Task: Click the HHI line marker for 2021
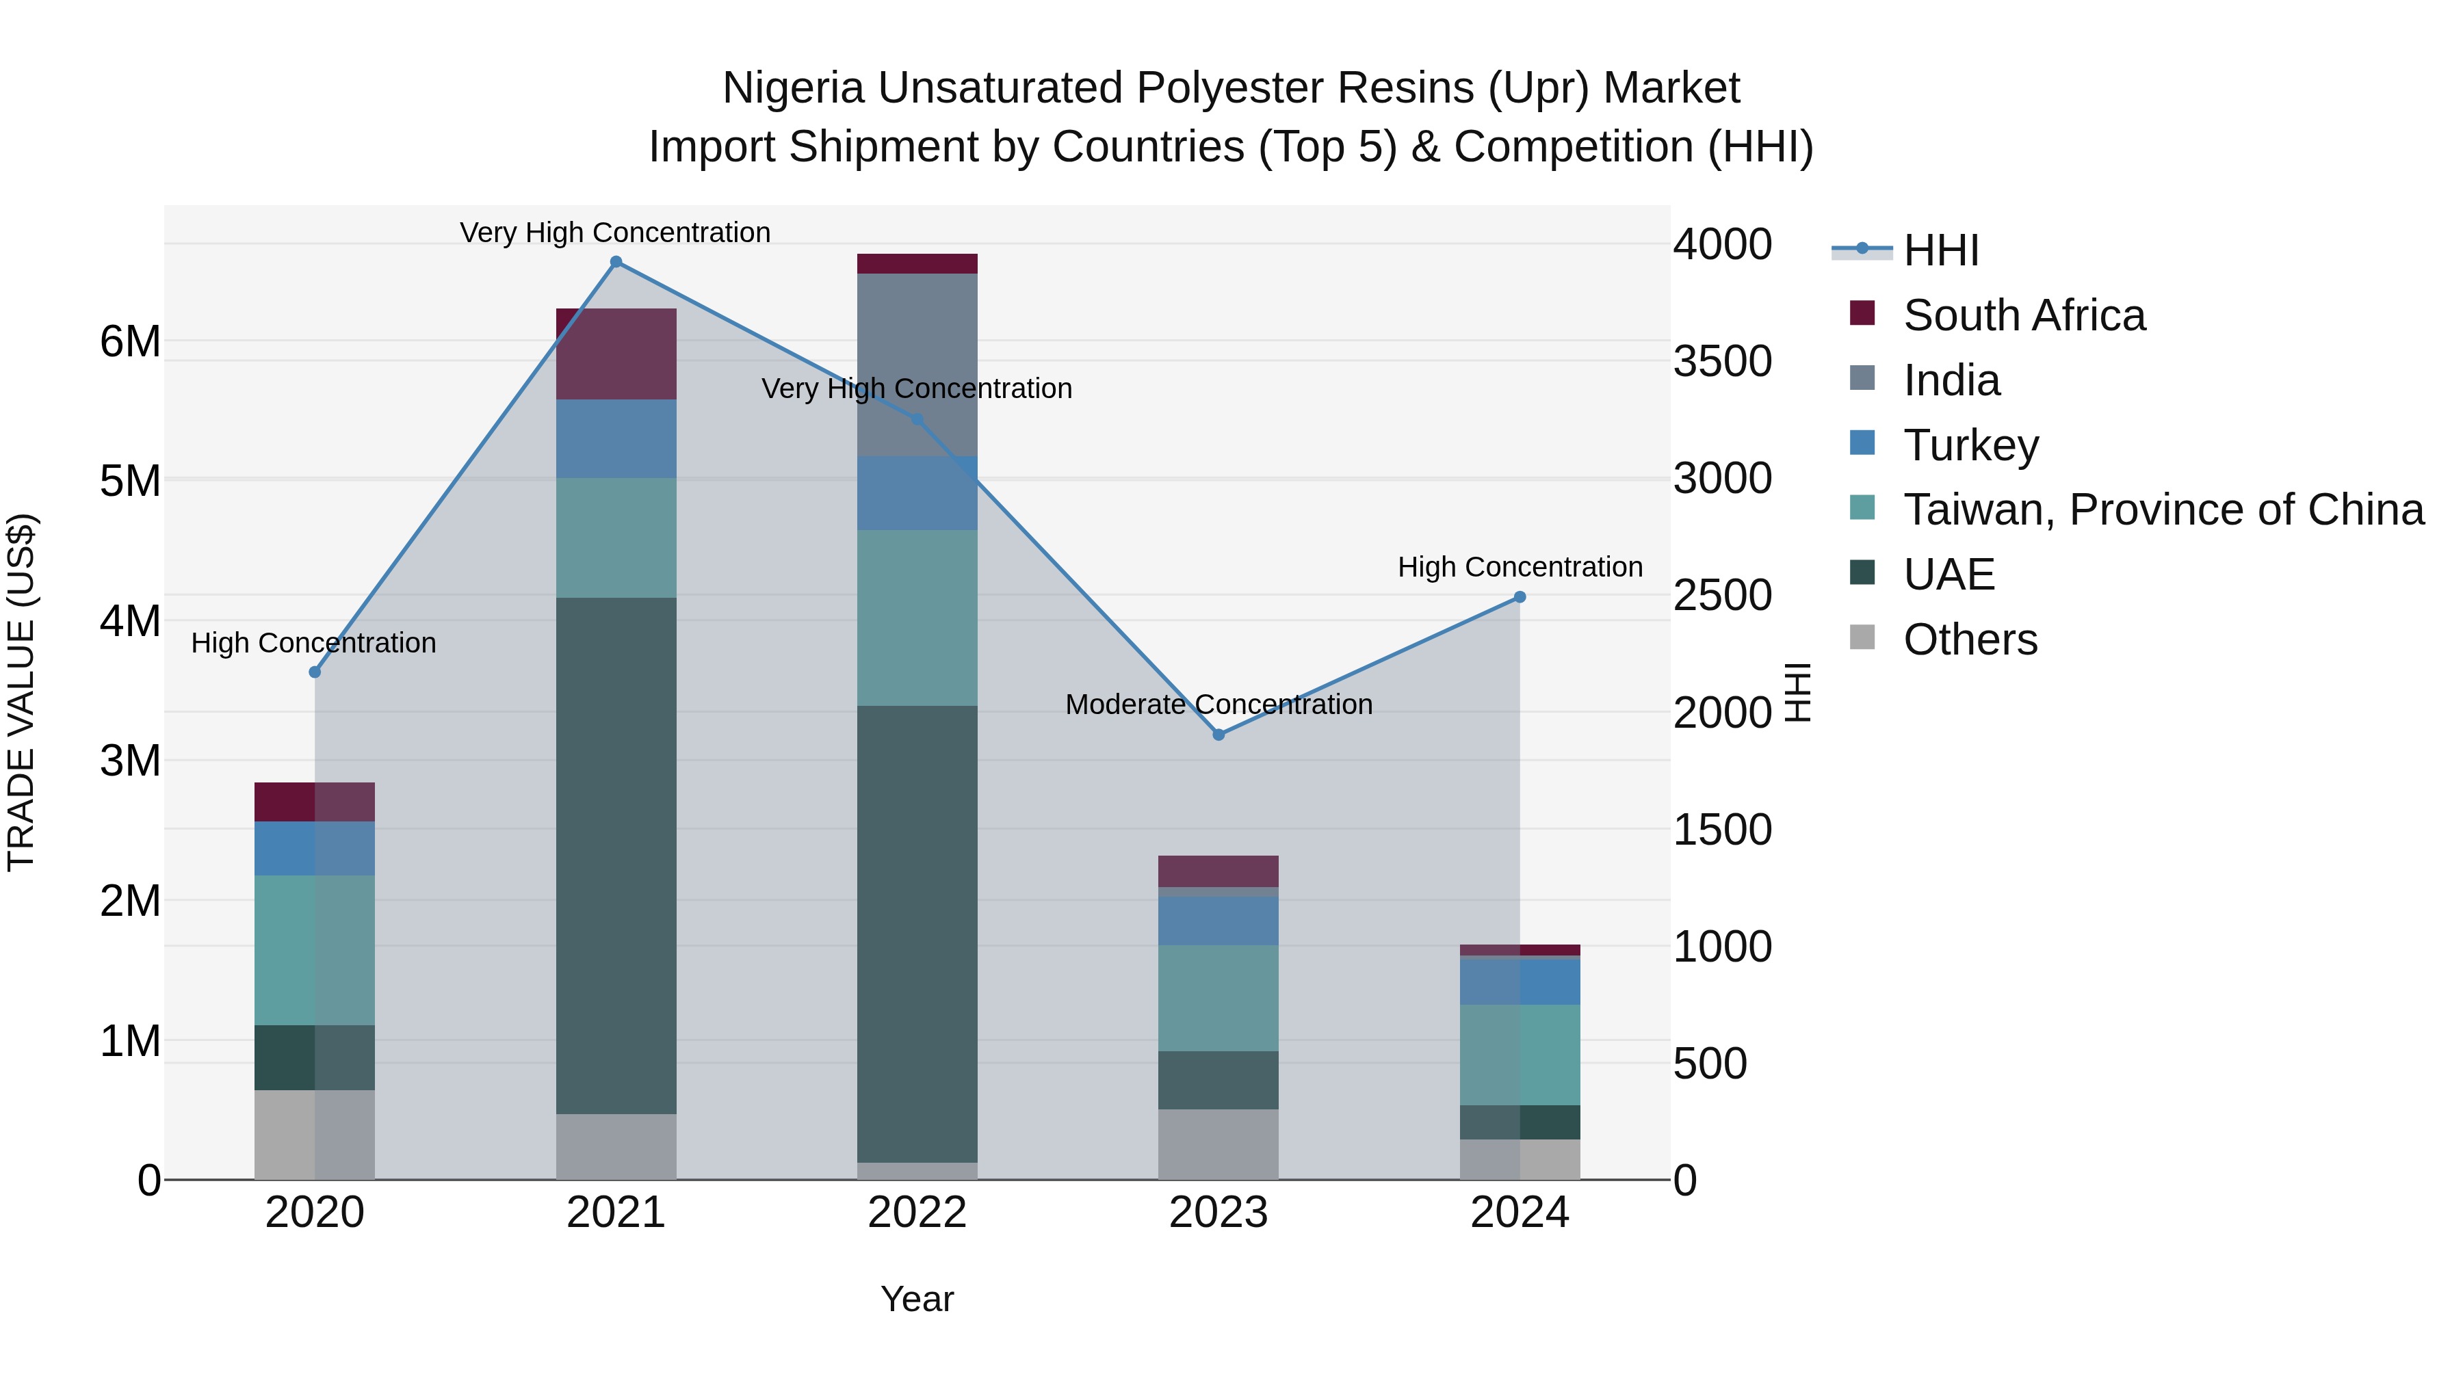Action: (x=616, y=262)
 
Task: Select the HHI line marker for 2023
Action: (x=1218, y=734)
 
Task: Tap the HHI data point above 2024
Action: (x=1520, y=597)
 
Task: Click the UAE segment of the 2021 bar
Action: (x=616, y=856)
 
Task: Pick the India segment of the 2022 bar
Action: (x=917, y=364)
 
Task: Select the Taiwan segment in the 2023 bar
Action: (x=1218, y=998)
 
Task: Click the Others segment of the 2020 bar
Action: (x=315, y=1135)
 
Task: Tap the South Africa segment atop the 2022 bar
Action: (x=917, y=264)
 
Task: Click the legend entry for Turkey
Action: (x=1970, y=445)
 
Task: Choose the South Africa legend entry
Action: (x=2023, y=315)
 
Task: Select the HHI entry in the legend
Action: (x=1940, y=250)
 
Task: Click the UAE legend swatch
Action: (x=1862, y=574)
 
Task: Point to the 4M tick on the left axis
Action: (x=130, y=621)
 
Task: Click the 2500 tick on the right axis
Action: (x=1722, y=596)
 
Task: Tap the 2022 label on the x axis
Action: (x=917, y=1213)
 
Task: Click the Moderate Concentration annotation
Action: (x=1218, y=704)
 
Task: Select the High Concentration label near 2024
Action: (x=1520, y=567)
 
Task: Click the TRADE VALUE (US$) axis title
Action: (x=21, y=692)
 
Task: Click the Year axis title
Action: (x=917, y=1299)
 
